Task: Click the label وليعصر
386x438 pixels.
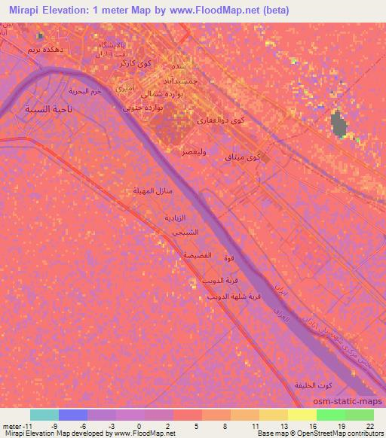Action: (x=194, y=151)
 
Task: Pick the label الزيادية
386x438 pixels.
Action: (x=175, y=217)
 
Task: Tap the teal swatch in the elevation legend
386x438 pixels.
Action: (x=44, y=415)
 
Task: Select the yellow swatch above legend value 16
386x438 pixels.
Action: (x=302, y=415)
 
